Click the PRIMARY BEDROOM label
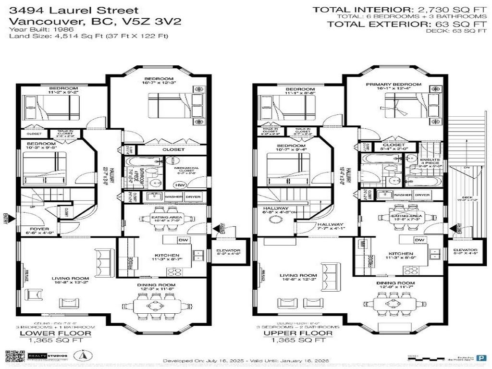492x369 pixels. (394, 85)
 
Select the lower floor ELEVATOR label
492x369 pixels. (228, 250)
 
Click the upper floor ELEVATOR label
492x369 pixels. (465, 250)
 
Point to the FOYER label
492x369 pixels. (37, 229)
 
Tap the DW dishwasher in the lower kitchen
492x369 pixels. (183, 240)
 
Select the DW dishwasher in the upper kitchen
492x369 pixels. (419, 240)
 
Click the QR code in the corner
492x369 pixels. (15, 357)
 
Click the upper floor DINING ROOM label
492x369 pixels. (395, 283)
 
